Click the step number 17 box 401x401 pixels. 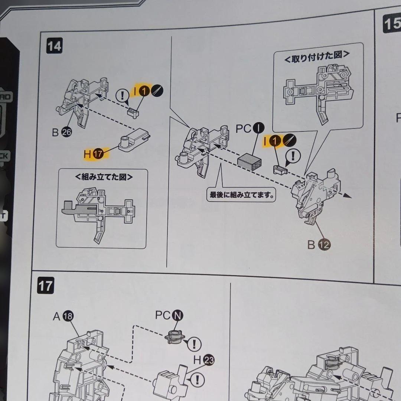pos(45,286)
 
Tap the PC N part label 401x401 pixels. pos(169,315)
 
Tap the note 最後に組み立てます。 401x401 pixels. pos(241,195)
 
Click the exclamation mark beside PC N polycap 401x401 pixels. pos(194,344)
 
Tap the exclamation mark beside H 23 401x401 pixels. pos(197,379)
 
